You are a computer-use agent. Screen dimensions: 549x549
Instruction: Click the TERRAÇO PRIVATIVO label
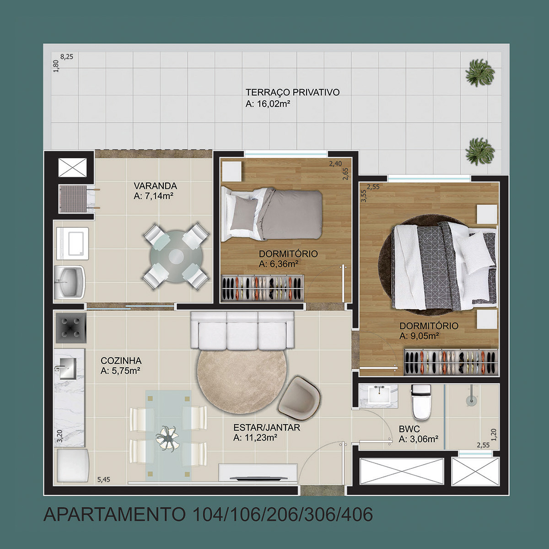point(293,92)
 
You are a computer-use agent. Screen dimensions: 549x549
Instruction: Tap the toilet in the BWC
point(421,402)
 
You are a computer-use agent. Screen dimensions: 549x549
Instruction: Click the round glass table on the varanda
point(176,256)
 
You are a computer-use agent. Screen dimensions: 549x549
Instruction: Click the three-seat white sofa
point(242,330)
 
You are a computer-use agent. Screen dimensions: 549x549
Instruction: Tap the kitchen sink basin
point(68,369)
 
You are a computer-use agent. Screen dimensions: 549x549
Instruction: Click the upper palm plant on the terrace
point(480,73)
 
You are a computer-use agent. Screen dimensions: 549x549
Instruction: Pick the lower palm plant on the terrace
point(480,151)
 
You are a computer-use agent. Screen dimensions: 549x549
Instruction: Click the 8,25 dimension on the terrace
point(67,57)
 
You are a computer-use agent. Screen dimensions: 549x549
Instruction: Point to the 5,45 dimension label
point(104,479)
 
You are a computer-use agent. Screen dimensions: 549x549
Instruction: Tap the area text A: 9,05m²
point(419,336)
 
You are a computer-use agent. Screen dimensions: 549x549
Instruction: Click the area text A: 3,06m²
point(418,439)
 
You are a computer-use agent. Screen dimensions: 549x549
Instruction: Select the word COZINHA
point(121,361)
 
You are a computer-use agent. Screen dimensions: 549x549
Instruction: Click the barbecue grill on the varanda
point(73,199)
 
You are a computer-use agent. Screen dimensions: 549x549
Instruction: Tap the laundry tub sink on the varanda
point(70,283)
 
